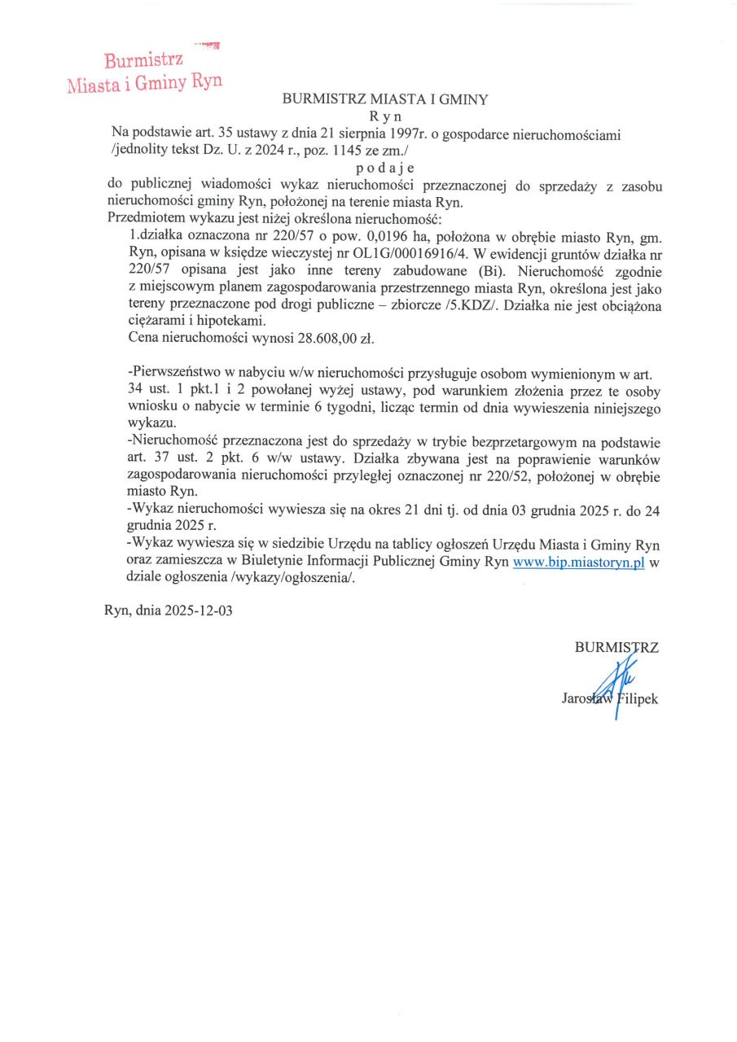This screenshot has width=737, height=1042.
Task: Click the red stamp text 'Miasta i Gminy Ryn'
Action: (x=145, y=83)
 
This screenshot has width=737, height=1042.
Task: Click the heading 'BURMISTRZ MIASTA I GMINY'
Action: (x=384, y=100)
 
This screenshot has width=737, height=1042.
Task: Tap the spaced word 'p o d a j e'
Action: (x=385, y=169)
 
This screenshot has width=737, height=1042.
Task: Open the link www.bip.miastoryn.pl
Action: (x=578, y=563)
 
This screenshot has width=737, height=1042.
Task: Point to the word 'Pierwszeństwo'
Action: (x=173, y=372)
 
